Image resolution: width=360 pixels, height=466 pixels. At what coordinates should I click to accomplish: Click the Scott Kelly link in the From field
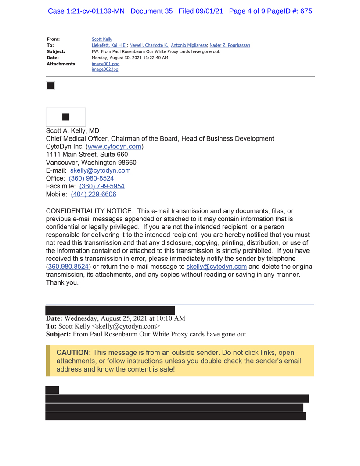click(102, 39)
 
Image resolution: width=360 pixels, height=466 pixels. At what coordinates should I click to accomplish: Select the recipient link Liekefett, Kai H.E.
click(109, 45)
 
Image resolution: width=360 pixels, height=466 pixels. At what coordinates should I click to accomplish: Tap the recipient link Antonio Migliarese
click(189, 45)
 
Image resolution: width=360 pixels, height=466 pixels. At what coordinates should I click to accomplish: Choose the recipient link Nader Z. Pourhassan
click(230, 45)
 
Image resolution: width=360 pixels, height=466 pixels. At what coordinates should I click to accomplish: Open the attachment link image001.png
click(105, 64)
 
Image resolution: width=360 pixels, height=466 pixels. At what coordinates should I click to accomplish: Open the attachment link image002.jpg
click(105, 69)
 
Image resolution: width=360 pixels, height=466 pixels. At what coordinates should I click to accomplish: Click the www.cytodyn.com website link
click(115, 147)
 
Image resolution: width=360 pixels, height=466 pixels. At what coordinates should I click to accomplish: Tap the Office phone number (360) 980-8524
click(91, 178)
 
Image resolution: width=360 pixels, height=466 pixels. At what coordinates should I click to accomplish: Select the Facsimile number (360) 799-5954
click(102, 186)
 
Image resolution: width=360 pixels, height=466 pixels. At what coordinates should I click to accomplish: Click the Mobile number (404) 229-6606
click(94, 194)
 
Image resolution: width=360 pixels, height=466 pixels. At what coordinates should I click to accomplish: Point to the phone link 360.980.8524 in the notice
click(68, 267)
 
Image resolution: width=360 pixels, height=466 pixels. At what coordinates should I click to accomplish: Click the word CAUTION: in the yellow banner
click(74, 353)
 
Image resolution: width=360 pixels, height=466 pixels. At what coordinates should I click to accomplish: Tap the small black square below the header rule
click(50, 86)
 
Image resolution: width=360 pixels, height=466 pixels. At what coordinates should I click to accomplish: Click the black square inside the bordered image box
click(66, 117)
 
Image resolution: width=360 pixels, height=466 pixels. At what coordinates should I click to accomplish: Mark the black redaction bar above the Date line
click(110, 310)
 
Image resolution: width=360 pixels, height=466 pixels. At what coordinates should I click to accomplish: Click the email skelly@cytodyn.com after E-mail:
click(100, 170)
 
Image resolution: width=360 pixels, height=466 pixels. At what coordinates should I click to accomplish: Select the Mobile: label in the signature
click(57, 194)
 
